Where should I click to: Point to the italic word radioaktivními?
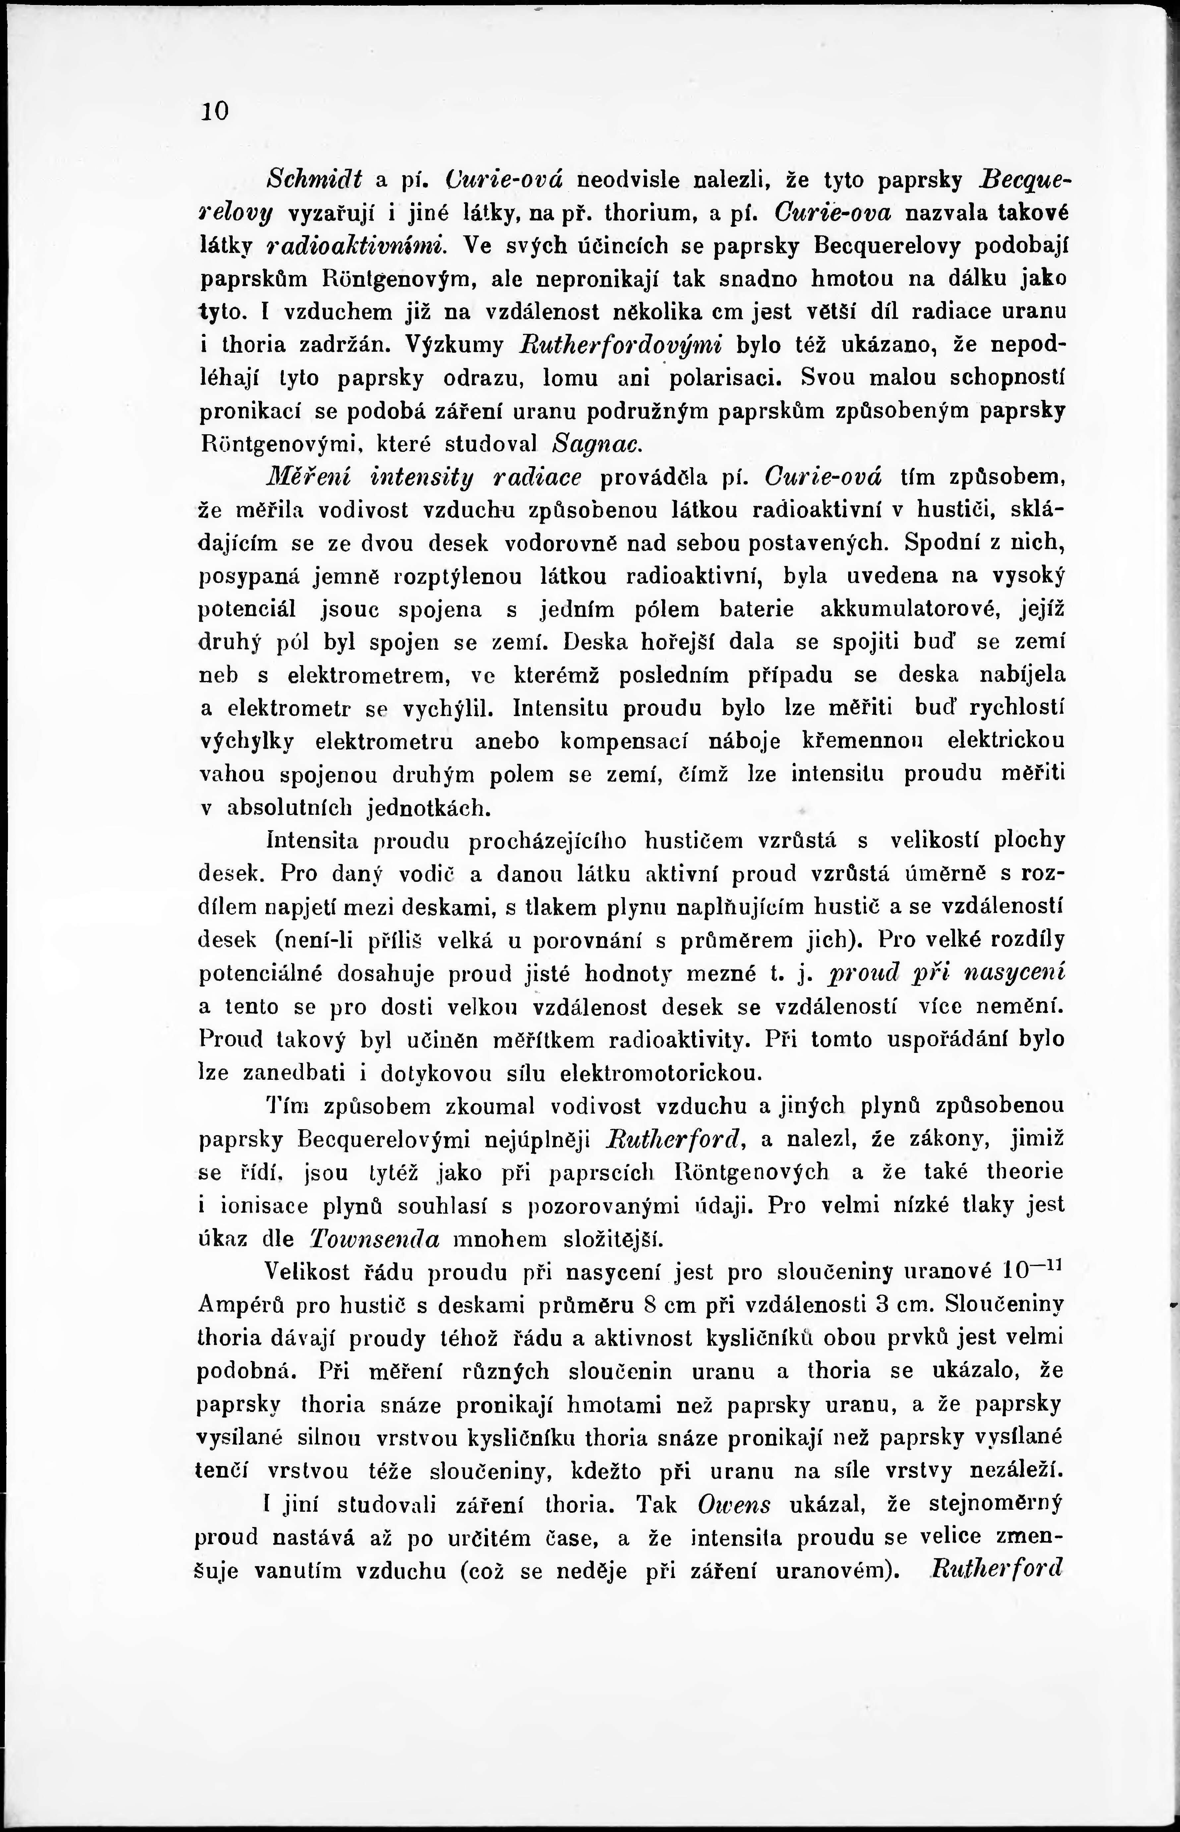point(355,246)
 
